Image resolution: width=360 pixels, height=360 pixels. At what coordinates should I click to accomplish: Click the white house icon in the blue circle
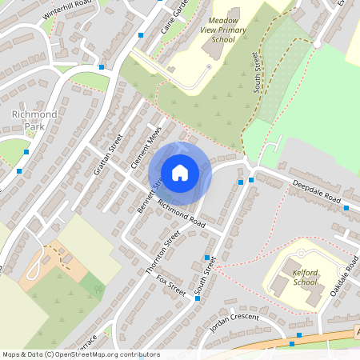pyautogui.click(x=180, y=172)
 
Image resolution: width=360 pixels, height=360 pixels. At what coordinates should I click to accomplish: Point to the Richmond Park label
pyautogui.click(x=34, y=120)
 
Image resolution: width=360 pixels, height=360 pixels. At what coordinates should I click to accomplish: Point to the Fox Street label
pyautogui.click(x=170, y=286)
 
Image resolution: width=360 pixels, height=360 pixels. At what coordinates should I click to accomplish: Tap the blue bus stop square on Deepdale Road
pyautogui.click(x=346, y=208)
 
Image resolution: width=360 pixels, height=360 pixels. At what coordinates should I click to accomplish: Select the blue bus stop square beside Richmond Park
pyautogui.click(x=26, y=151)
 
